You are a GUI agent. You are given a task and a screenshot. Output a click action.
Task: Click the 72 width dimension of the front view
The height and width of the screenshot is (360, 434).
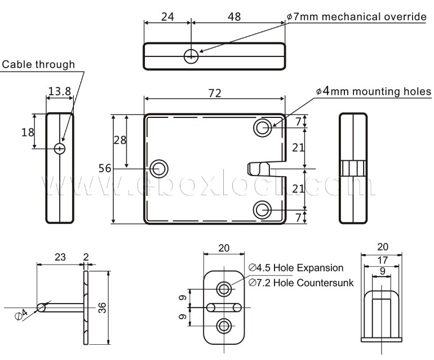tap(215, 93)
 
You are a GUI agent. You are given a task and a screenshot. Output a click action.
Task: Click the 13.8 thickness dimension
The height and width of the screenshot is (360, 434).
tap(59, 91)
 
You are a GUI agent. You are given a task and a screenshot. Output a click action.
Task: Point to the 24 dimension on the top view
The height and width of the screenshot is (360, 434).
tap(167, 17)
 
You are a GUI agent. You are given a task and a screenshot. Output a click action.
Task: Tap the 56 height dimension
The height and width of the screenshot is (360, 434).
tap(104, 168)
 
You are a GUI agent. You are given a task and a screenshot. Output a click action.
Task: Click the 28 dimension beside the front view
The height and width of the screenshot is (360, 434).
tap(119, 141)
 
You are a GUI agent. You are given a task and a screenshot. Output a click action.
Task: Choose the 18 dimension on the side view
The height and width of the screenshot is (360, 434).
tap(27, 133)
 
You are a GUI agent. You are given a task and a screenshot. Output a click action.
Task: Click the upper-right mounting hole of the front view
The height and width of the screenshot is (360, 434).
tap(262, 128)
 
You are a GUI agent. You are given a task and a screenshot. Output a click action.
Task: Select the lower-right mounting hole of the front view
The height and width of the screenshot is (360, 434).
tap(262, 210)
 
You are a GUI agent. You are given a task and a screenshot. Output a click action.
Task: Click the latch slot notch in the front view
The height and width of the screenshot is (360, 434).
tap(260, 169)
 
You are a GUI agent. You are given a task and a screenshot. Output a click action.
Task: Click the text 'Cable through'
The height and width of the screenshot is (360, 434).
tap(38, 64)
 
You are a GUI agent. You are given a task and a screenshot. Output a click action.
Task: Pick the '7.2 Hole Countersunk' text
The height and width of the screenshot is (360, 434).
tap(301, 282)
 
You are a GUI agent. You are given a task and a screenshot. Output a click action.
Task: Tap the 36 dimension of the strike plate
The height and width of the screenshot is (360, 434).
tap(103, 307)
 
